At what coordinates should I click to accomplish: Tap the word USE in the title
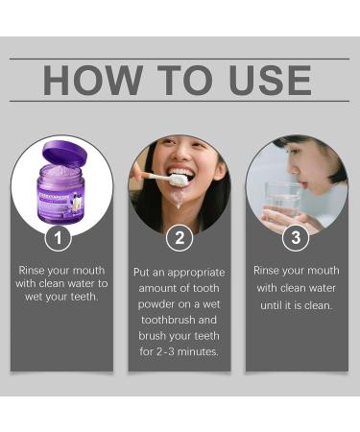[x=269, y=80]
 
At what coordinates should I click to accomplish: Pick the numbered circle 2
[x=180, y=237]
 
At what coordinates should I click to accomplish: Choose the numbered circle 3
[x=296, y=237]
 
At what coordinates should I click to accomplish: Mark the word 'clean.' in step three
[x=316, y=305]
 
